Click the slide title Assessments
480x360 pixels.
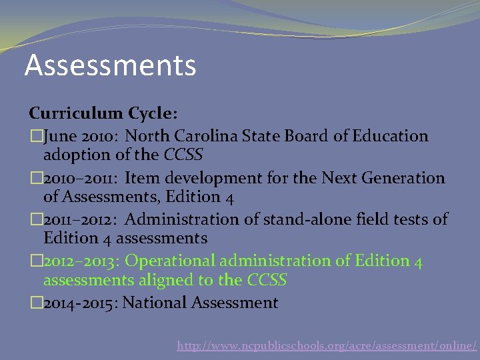click(x=110, y=65)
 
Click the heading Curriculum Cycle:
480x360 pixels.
click(x=103, y=114)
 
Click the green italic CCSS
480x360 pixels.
click(x=267, y=280)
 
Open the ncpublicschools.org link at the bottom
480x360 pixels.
click(x=327, y=345)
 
